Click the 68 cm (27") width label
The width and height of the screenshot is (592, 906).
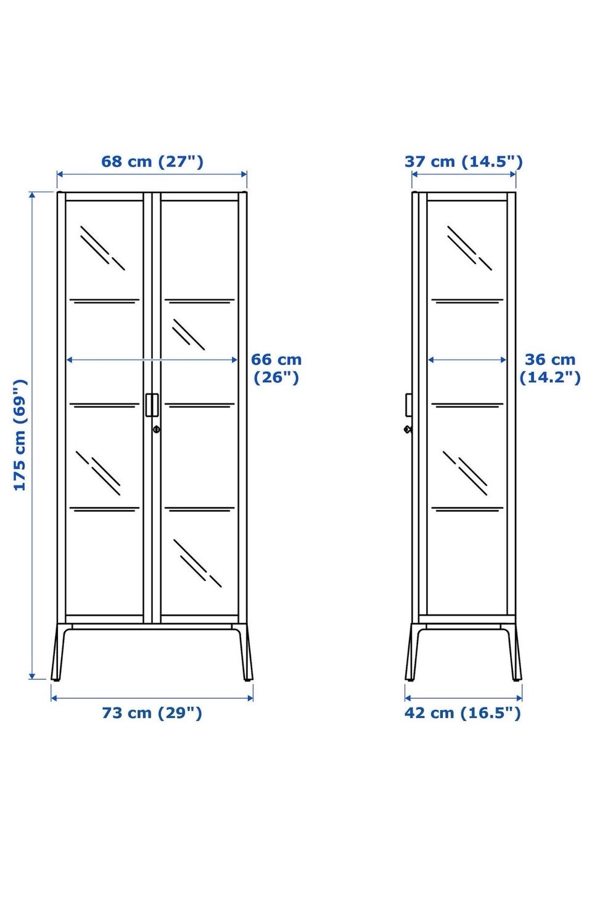pyautogui.click(x=152, y=162)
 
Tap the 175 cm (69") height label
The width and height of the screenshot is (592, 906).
pyautogui.click(x=20, y=435)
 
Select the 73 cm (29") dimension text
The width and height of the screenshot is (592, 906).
pyautogui.click(x=152, y=713)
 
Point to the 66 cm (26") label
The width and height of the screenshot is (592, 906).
pyautogui.click(x=276, y=368)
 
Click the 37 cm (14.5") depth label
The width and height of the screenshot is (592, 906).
pyautogui.click(x=463, y=162)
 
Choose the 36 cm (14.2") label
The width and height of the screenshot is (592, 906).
pyautogui.click(x=550, y=368)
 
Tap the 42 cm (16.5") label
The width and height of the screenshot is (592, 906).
pyautogui.click(x=462, y=713)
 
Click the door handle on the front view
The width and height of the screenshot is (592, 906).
pyautogui.click(x=152, y=405)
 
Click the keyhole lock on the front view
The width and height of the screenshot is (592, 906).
pyautogui.click(x=157, y=429)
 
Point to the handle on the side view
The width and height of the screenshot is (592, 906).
pyautogui.click(x=409, y=405)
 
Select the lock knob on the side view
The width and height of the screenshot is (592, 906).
pyautogui.click(x=408, y=429)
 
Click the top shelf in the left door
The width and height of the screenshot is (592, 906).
pyautogui.click(x=104, y=301)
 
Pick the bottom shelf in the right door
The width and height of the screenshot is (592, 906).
pyautogui.click(x=199, y=509)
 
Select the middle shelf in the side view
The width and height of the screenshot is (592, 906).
pyautogui.click(x=467, y=405)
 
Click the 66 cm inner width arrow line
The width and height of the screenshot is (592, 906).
pyautogui.click(x=152, y=360)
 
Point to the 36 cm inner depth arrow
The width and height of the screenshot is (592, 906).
pyautogui.click(x=467, y=360)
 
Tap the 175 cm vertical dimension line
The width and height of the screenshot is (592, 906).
pyautogui.click(x=32, y=435)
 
